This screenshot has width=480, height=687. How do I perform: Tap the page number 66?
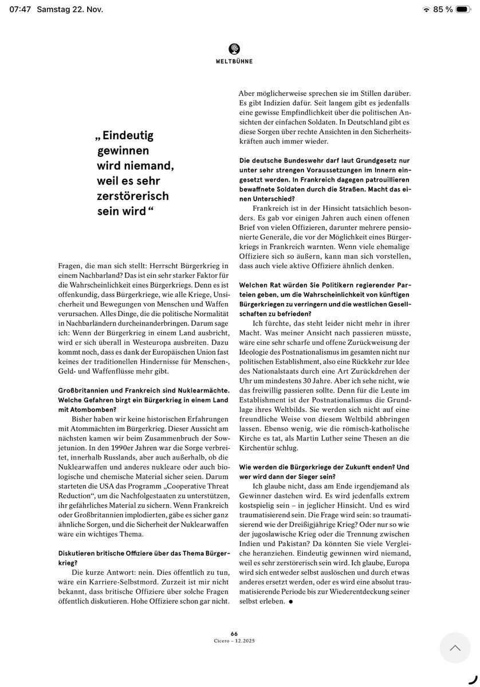coord(234,633)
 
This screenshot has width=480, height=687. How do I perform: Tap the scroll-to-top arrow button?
coord(455,647)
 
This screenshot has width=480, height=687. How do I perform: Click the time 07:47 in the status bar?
coord(19,9)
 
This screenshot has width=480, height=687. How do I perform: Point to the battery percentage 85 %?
coord(443,9)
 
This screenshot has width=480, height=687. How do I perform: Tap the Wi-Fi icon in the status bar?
coord(426,9)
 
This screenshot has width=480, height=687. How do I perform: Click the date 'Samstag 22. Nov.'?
coord(67,9)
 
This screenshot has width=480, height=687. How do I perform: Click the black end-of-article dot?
coord(290,602)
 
